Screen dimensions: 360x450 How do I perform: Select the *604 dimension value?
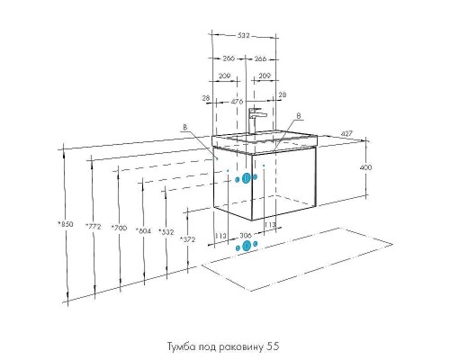142,230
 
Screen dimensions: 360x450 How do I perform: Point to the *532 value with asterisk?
166,231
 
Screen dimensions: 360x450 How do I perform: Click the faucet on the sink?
256,120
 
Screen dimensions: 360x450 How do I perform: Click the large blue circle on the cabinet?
247,178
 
